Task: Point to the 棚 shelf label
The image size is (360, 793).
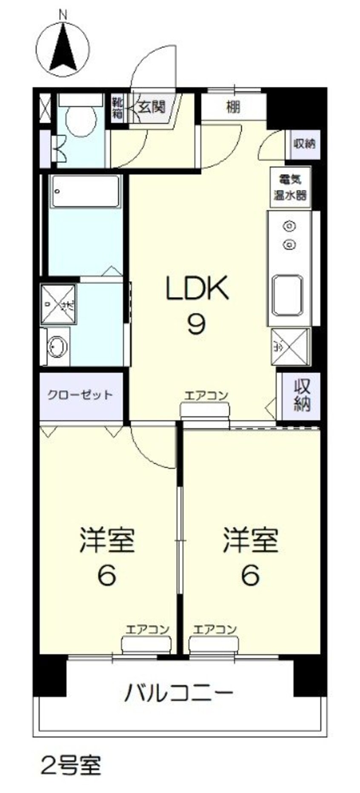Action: pos(233,107)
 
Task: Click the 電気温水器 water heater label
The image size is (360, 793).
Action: pos(290,187)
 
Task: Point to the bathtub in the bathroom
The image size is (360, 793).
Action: pos(86,192)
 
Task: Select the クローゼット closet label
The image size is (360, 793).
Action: pos(80,395)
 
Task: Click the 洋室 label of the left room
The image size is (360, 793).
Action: pos(107,540)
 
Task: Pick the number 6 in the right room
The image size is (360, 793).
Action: pos(250,575)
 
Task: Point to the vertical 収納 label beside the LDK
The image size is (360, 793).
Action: pos(302,395)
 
